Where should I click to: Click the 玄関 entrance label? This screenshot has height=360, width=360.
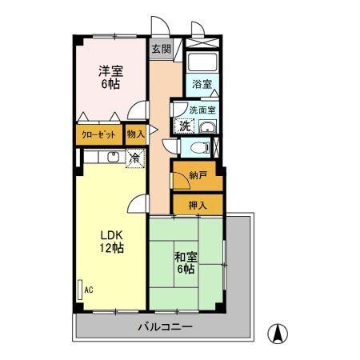[x=161, y=49]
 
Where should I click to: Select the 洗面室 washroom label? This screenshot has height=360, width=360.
[x=202, y=110]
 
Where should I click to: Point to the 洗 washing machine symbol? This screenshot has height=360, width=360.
[x=184, y=125]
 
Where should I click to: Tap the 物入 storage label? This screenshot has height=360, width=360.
[x=136, y=134]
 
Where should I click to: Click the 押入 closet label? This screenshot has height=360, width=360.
[x=198, y=206]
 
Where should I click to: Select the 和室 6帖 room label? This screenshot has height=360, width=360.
[x=186, y=263]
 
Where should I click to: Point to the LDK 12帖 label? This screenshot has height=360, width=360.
[x=110, y=242]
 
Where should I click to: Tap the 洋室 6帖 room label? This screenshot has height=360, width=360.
[x=104, y=78]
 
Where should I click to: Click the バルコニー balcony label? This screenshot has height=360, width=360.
[x=165, y=327]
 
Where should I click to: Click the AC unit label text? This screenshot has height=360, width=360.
[x=89, y=290]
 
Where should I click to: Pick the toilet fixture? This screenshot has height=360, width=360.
[x=204, y=147]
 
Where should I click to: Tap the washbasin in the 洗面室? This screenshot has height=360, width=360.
[x=207, y=127]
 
